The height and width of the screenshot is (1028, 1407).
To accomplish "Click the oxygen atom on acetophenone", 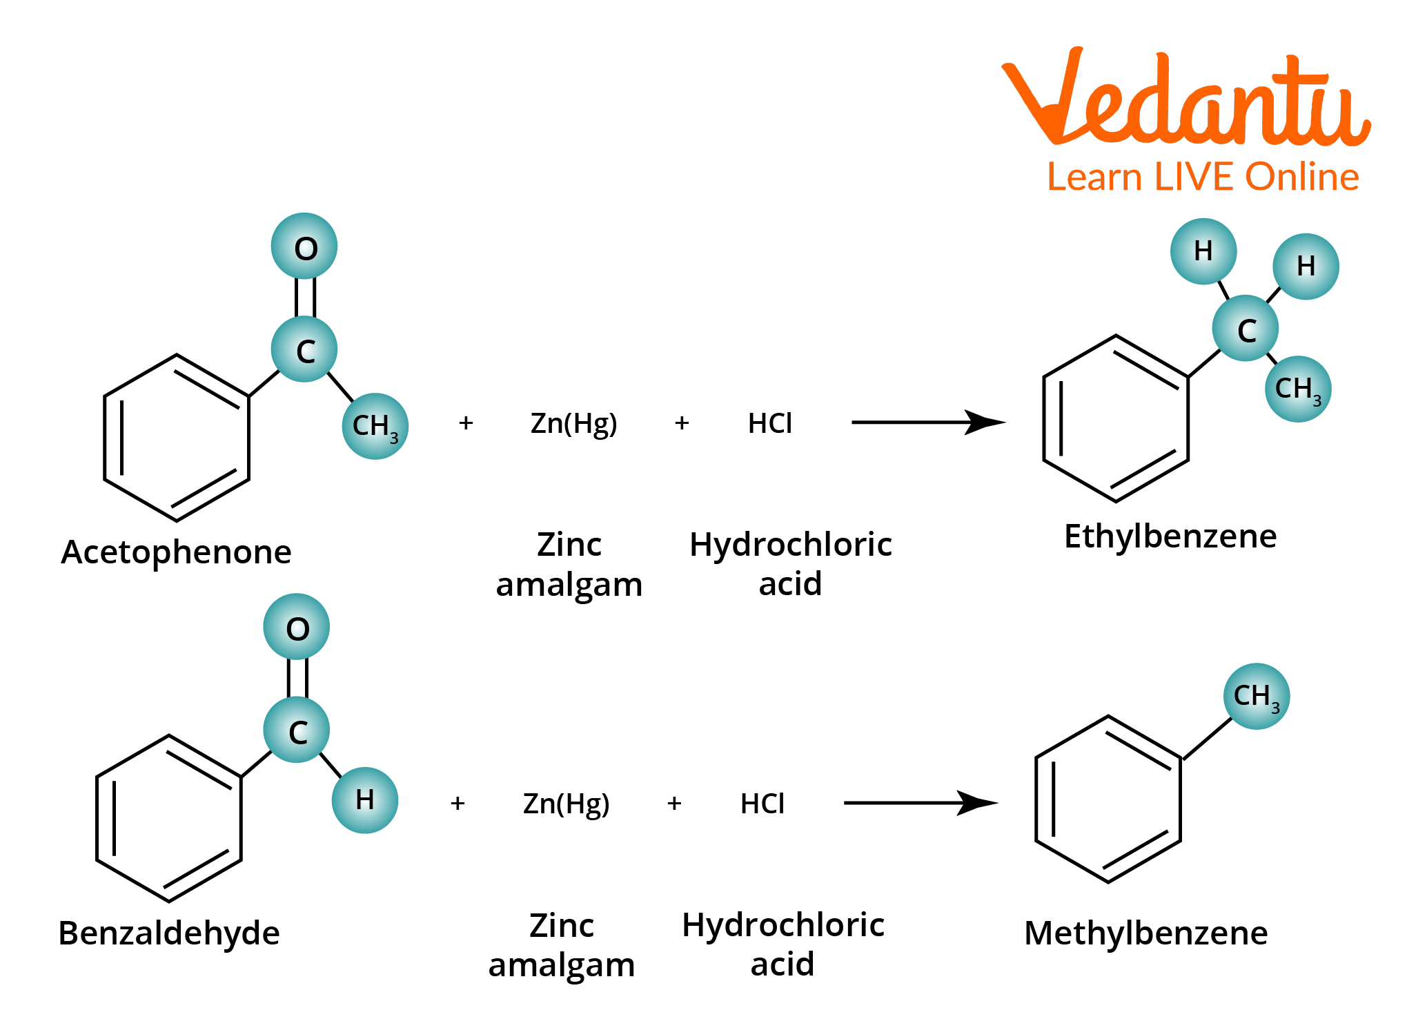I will (304, 247).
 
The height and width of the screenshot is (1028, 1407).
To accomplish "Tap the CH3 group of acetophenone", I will (375, 426).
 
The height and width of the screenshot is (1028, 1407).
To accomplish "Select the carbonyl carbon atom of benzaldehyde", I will (297, 731).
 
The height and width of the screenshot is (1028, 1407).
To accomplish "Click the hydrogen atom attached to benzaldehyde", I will (364, 800).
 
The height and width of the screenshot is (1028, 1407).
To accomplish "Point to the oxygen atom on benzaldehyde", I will (297, 628).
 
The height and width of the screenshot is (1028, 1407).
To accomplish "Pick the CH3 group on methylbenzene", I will (1256, 696).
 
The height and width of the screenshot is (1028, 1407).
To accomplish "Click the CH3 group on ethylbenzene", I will (1297, 389).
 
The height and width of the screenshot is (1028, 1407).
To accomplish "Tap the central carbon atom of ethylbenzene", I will (1246, 329).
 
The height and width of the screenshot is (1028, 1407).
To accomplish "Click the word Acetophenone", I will (176, 552).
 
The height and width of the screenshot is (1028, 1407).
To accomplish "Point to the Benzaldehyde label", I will (169, 933).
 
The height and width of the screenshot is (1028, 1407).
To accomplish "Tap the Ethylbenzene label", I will (1170, 536).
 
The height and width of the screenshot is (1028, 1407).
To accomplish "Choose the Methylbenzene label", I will (1145, 933).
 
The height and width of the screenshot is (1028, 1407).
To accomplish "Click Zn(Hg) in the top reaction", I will (573, 423).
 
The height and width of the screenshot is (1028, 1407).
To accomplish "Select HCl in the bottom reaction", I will (762, 804).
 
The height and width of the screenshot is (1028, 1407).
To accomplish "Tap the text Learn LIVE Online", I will (1203, 177).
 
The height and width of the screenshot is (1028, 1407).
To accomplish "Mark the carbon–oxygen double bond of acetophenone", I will (305, 298).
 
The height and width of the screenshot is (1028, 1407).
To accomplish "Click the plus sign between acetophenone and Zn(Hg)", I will (466, 423).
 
